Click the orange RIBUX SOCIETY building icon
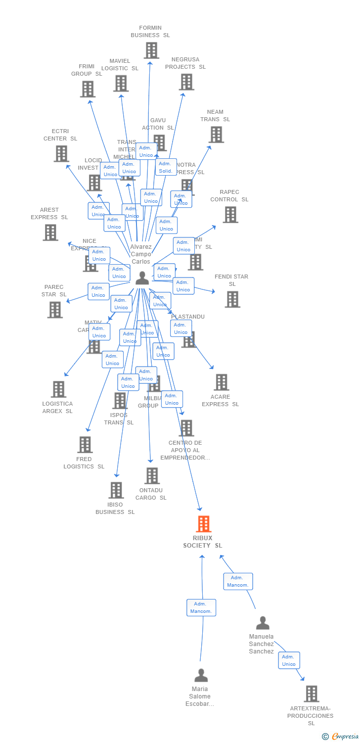203,524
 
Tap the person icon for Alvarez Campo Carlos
142,278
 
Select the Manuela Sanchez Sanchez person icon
263,623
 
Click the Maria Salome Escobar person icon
201,675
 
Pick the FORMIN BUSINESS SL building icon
151,50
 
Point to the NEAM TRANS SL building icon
216,135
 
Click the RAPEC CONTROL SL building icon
230,215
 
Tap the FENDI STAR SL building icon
232,299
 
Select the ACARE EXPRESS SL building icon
221,382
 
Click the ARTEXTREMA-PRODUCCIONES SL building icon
311,694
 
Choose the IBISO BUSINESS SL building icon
116,490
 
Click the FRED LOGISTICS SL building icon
85,445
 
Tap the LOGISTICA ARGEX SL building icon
58,389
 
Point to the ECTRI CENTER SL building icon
61,154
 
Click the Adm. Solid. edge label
166,167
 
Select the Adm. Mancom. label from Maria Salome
201,607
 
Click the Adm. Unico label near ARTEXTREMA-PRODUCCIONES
289,660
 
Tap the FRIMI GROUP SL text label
87,70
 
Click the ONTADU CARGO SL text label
151,494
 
